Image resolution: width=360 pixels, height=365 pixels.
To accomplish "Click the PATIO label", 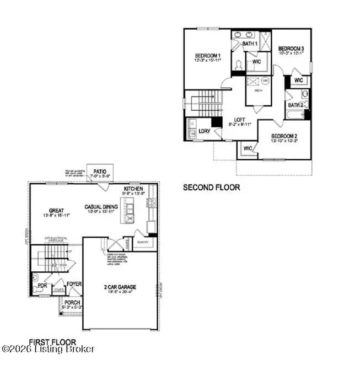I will [x=100, y=171].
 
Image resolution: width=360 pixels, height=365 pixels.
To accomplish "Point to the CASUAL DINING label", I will [x=101, y=207].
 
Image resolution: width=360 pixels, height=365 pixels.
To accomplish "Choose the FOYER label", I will [x=74, y=285].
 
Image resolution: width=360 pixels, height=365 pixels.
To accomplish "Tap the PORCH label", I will [x=72, y=302].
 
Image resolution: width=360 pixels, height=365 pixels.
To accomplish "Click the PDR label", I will [x=42, y=286].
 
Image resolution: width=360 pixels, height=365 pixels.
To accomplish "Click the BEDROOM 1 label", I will [x=208, y=56].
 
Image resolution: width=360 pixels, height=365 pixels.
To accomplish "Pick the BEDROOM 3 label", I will [x=291, y=48].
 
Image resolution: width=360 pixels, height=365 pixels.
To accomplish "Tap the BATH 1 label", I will [x=251, y=43].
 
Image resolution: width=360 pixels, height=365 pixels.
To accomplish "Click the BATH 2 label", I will [x=295, y=105].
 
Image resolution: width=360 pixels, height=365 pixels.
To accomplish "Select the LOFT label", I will [x=239, y=120].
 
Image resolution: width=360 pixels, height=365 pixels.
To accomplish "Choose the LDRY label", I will [x=205, y=131].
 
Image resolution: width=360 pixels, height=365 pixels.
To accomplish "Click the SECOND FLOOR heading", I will [x=211, y=187].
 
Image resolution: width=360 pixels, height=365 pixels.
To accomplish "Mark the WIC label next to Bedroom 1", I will [x=256, y=62].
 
